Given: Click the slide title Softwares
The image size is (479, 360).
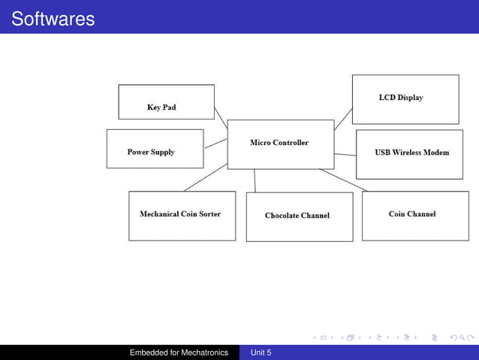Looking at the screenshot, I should pyautogui.click(x=53, y=18).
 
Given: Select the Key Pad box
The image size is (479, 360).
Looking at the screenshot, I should pyautogui.click(x=166, y=101).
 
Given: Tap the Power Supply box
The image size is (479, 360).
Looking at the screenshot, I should pyautogui.click(x=155, y=149).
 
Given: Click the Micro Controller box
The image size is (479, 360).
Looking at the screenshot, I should pyautogui.click(x=280, y=144).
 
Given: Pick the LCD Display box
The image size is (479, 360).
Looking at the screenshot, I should pyautogui.click(x=405, y=98).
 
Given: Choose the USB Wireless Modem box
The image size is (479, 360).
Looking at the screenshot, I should pyautogui.click(x=409, y=154).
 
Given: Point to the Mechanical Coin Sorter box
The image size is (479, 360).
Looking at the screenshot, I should pyautogui.click(x=182, y=216).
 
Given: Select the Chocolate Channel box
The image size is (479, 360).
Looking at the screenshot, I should pyautogui.click(x=299, y=217).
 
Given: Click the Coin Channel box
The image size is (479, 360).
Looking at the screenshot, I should pyautogui.click(x=414, y=215).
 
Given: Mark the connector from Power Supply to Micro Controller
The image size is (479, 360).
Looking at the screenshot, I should pyautogui.click(x=215, y=143).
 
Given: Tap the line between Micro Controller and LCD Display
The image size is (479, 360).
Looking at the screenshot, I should pyautogui.click(x=343, y=119).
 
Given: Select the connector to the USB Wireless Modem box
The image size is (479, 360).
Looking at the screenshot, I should pyautogui.click(x=345, y=154).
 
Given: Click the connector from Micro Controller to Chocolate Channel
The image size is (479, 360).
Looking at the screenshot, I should pyautogui.click(x=255, y=180).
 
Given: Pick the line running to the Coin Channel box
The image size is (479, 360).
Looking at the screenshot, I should pyautogui.click(x=343, y=180).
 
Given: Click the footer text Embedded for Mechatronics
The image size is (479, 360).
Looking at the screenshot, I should pyautogui.click(x=179, y=352).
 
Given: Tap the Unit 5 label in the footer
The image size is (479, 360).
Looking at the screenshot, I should pyautogui.click(x=261, y=352).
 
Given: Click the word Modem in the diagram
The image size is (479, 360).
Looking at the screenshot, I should pyautogui.click(x=435, y=153).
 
